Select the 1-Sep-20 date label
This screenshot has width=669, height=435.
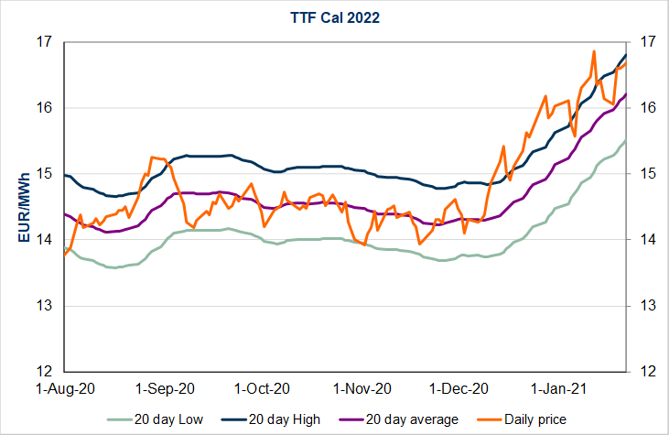[165, 388]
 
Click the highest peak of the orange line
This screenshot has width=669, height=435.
[594, 51]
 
